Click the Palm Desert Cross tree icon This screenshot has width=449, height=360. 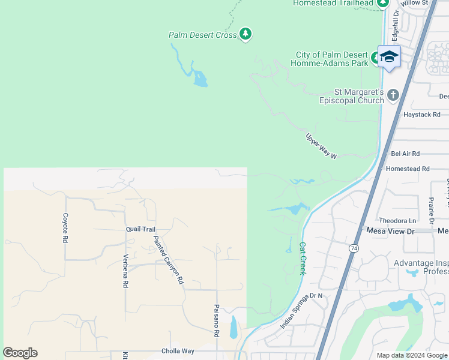pos(245,34)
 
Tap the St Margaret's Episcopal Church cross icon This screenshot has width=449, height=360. pos(393,95)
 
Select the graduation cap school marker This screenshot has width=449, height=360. pos(389,56)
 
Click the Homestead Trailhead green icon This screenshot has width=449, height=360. pos(383,3)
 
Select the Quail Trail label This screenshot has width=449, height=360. pos(140,229)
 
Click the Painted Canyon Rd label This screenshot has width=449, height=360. pos(167,259)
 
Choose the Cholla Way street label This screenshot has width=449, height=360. pos(178,351)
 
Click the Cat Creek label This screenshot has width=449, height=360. pos(303,258)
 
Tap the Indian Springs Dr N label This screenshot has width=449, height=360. pos(301,311)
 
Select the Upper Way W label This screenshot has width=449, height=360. pos(322,146)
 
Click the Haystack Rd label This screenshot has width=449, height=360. pos(421,114)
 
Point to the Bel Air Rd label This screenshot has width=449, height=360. pos(405,154)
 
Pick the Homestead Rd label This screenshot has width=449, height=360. pos(408,169)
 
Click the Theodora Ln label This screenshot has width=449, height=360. pos(397,221)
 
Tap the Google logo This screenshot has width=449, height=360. pos(20,353)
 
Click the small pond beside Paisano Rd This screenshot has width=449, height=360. pos(234,327)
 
